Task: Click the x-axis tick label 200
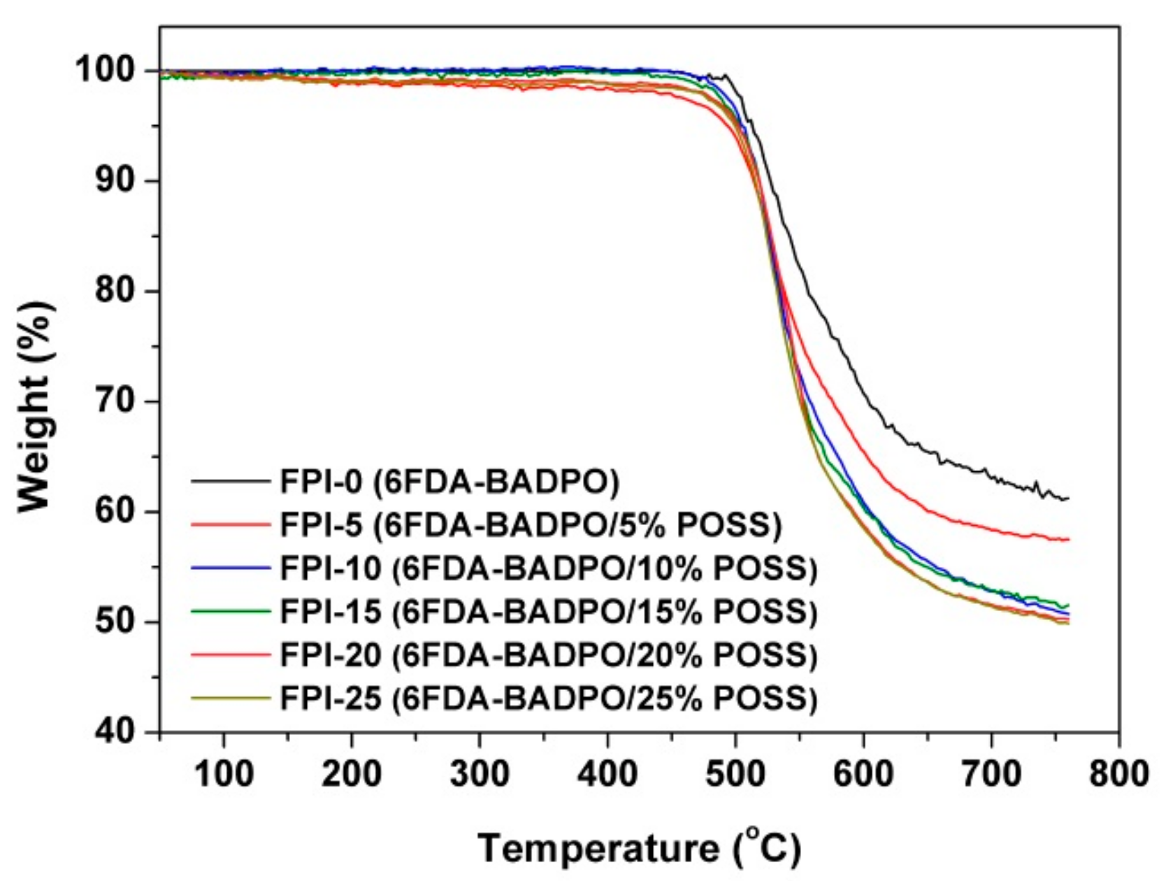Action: (352, 774)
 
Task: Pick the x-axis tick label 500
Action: (735, 774)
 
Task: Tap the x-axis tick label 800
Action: (1118, 774)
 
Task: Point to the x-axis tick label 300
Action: (480, 774)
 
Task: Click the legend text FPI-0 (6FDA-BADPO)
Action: (450, 482)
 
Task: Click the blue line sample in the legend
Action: (231, 568)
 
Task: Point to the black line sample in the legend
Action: (231, 482)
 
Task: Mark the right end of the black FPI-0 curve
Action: (1068, 499)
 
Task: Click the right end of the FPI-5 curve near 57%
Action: (1068, 539)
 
